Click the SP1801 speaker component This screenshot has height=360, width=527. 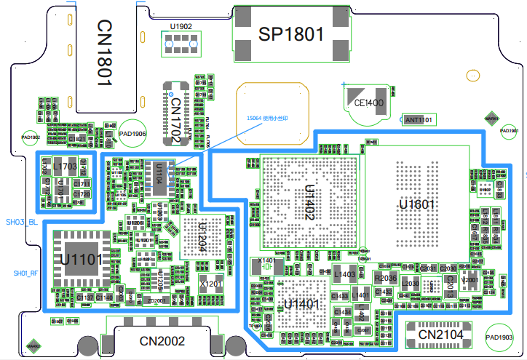tap(290, 33)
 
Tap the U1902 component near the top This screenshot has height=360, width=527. tap(181, 43)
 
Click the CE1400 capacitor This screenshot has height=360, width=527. tap(368, 103)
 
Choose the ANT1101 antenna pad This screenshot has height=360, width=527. tap(419, 119)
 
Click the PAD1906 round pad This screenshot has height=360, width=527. tap(133, 134)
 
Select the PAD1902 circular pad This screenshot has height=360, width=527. tap(31, 137)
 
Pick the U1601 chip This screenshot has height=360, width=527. tap(416, 204)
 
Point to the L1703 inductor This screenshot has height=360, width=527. tap(65, 167)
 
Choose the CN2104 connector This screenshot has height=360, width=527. tap(440, 333)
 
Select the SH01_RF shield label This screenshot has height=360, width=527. tap(25, 273)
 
